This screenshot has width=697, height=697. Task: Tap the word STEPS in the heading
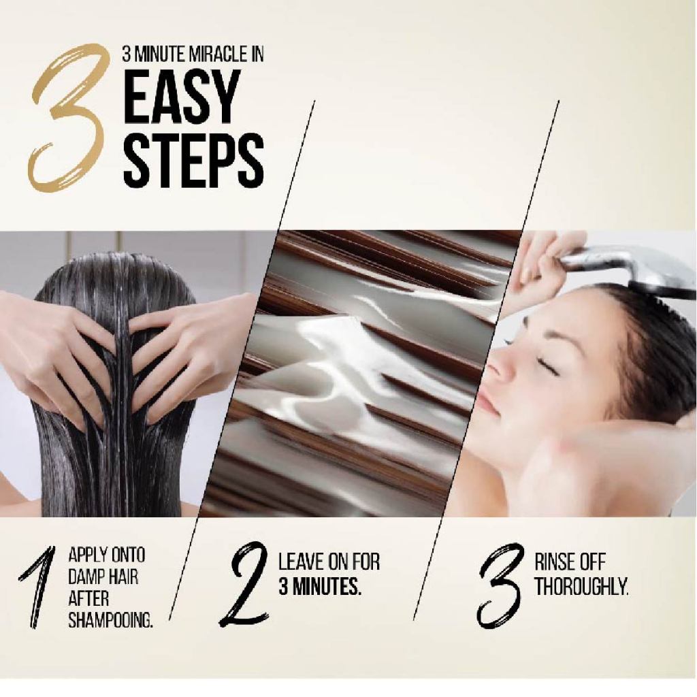click(x=193, y=160)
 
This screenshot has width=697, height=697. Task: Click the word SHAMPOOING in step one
click(x=111, y=619)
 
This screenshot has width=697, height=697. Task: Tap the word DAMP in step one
click(x=86, y=577)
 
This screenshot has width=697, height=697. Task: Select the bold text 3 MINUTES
click(x=320, y=587)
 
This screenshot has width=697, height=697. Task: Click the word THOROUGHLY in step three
click(x=581, y=587)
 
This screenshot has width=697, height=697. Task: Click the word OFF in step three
click(x=593, y=562)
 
